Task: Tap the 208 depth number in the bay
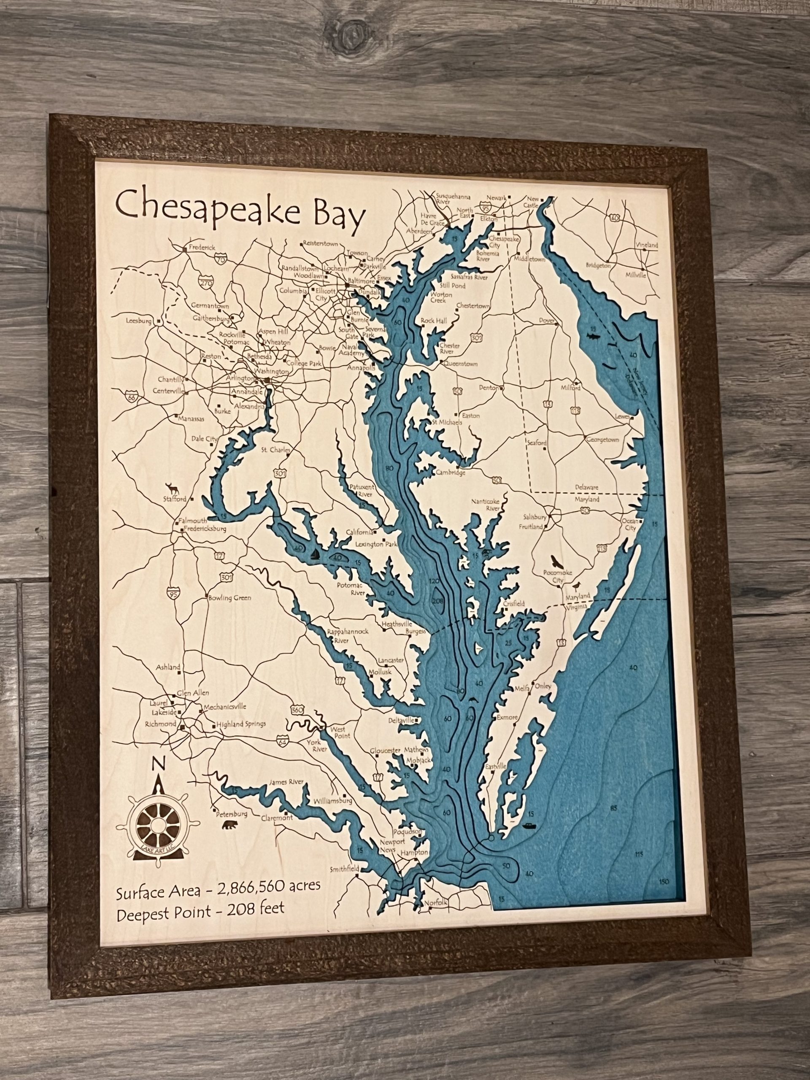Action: (x=437, y=602)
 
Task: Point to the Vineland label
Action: (x=646, y=245)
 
